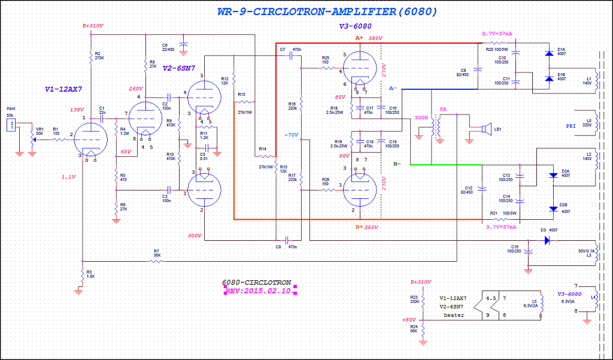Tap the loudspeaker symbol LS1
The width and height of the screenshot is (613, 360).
point(486,128)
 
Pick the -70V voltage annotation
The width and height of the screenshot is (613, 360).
point(292,135)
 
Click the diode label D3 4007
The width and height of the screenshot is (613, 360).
point(549,230)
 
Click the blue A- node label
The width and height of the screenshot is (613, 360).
point(393,88)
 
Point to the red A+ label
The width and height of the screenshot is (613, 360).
point(359,37)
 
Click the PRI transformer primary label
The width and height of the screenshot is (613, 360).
point(572,126)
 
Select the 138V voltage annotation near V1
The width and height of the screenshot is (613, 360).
point(77,110)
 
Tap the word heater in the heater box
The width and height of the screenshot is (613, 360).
point(453,314)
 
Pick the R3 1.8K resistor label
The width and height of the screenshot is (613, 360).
point(89,273)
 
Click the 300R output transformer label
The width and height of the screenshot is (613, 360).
point(421,118)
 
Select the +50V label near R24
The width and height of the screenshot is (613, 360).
point(409,320)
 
